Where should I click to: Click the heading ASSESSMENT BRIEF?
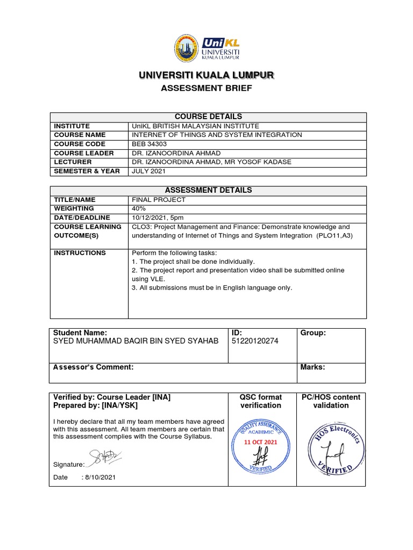(206, 88)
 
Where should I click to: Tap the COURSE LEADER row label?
(83, 153)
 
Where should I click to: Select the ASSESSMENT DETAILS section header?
(208, 190)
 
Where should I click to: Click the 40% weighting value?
(138, 208)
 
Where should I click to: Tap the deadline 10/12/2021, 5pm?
(159, 218)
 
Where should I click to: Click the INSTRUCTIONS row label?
(80, 252)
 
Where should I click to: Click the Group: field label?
(313, 333)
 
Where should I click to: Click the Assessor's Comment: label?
(93, 367)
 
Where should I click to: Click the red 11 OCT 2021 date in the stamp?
(261, 442)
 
